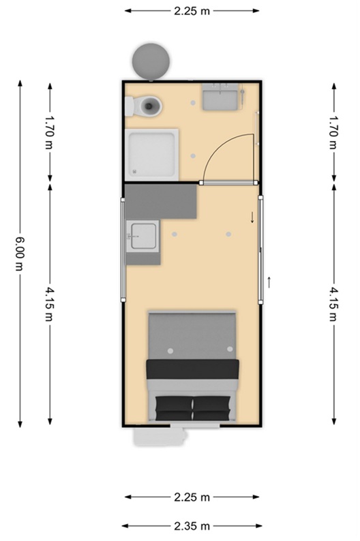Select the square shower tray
point(152,155)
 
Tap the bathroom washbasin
point(220,97)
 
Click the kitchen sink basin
point(143,236)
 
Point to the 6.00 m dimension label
point(20,253)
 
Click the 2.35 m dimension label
point(192,526)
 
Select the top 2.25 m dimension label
point(192,11)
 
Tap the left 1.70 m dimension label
point(50,132)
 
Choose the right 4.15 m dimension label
point(333,305)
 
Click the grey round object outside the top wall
point(151,61)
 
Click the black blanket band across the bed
point(192,369)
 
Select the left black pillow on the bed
point(174,408)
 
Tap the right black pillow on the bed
point(212,408)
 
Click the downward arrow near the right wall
point(252,217)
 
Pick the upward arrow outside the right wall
point(269,282)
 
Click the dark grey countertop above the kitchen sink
point(160,202)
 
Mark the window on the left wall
point(123,250)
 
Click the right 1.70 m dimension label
point(333,132)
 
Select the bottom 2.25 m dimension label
point(192,497)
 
